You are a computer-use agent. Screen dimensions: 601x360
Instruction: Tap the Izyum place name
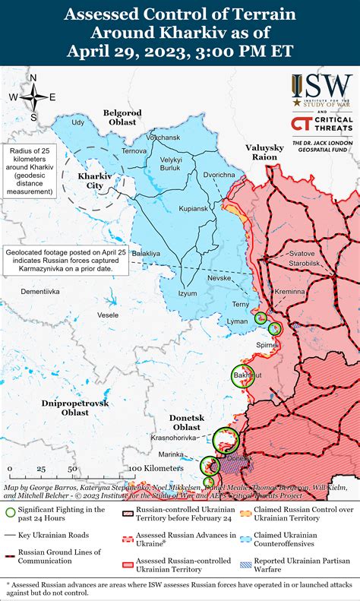(x=186, y=293)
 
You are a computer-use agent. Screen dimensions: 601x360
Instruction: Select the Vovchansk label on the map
(x=163, y=138)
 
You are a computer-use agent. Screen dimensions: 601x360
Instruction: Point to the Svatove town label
(x=303, y=253)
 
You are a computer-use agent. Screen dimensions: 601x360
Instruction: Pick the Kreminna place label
(x=290, y=291)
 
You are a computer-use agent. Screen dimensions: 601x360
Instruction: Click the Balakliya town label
(x=146, y=252)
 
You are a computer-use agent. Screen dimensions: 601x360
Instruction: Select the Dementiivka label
(x=39, y=291)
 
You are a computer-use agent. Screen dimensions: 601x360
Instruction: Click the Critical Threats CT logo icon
(x=300, y=125)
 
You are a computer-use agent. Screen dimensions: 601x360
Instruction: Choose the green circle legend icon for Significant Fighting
(x=10, y=514)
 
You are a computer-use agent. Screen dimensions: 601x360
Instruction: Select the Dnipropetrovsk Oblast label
(x=75, y=406)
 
